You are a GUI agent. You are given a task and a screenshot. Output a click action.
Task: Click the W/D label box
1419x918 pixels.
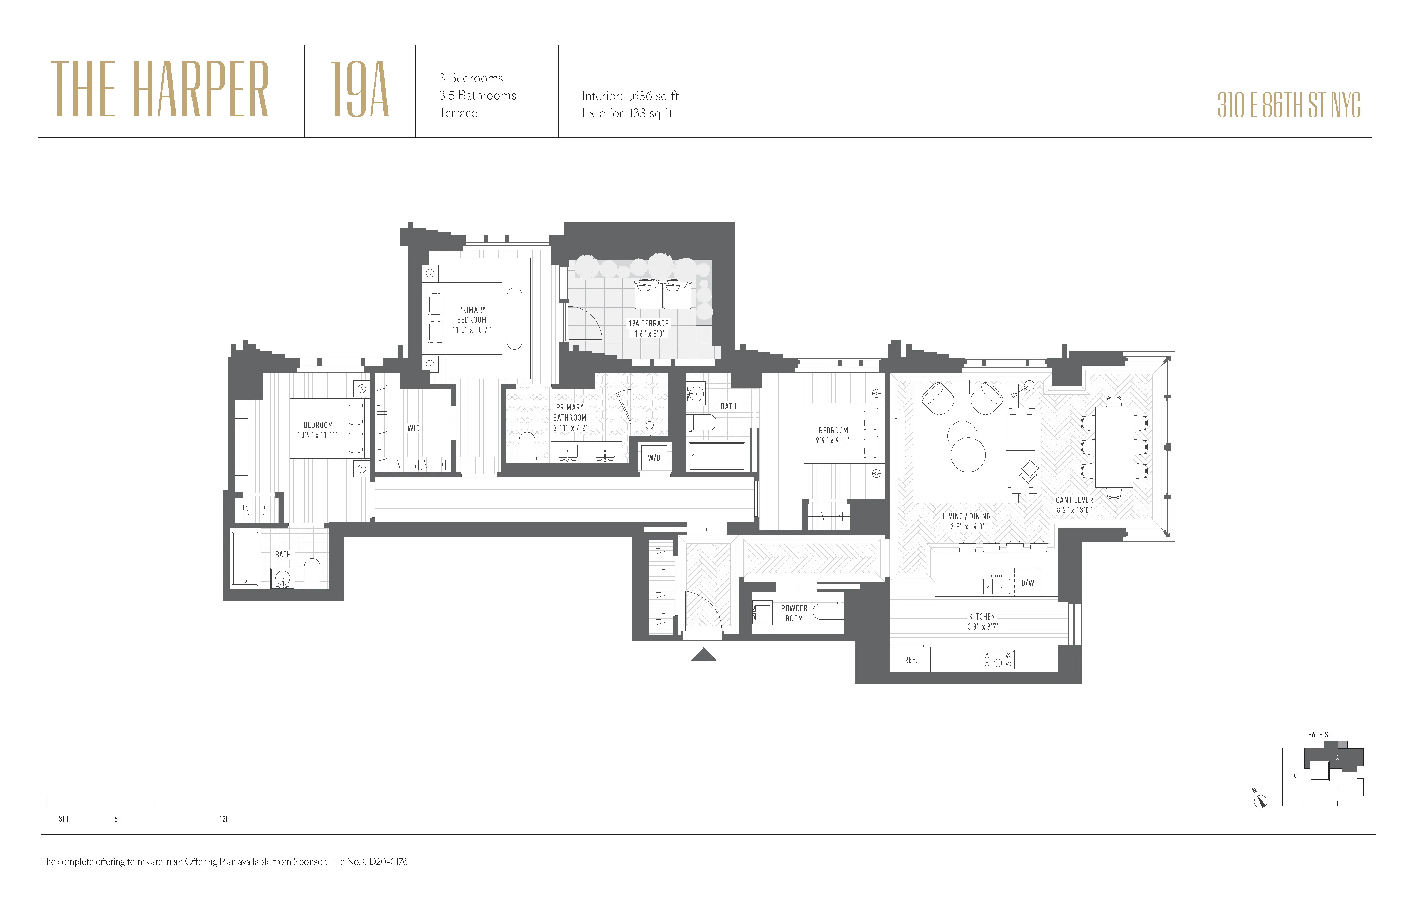coord(654,458)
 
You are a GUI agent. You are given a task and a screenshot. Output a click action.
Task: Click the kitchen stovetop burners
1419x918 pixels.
coord(997,659)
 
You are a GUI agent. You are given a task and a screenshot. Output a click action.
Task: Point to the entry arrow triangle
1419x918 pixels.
coord(704,655)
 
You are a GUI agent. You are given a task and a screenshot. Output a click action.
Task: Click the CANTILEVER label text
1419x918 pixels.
coord(1074,500)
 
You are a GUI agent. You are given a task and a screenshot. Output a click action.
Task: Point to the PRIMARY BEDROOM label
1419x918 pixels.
coord(472,315)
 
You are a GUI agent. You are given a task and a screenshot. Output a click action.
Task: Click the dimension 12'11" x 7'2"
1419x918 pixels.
coord(569,428)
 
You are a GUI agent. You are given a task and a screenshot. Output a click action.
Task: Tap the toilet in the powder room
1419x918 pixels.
coord(827,611)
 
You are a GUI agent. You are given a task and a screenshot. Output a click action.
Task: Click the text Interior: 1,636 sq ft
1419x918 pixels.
coord(630,96)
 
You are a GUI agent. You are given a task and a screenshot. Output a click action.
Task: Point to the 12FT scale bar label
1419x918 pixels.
coord(225,819)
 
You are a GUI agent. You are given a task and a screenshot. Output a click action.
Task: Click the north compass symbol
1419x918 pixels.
coord(1260,801)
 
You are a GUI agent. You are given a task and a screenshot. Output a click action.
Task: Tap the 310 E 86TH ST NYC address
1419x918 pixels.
coord(1289,105)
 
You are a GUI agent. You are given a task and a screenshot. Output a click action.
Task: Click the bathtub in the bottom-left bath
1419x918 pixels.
coord(245,559)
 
